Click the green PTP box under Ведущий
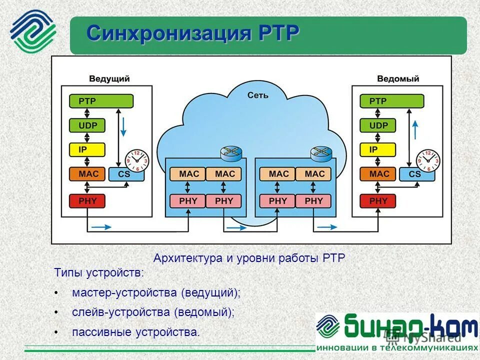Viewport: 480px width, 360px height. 101,101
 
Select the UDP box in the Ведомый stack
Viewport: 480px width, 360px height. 378,125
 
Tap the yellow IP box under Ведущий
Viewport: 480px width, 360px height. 87,149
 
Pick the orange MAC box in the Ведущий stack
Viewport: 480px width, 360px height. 87,174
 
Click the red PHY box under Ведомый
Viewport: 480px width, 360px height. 378,201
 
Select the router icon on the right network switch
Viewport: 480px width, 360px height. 321,153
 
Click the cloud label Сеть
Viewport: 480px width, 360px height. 258,95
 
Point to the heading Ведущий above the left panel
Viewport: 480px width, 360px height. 109,78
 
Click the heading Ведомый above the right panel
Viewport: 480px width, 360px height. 398,78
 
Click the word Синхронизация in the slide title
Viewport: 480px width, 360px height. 170,34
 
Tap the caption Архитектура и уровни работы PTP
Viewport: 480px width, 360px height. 249,258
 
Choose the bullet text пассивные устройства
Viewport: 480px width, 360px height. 135,332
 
